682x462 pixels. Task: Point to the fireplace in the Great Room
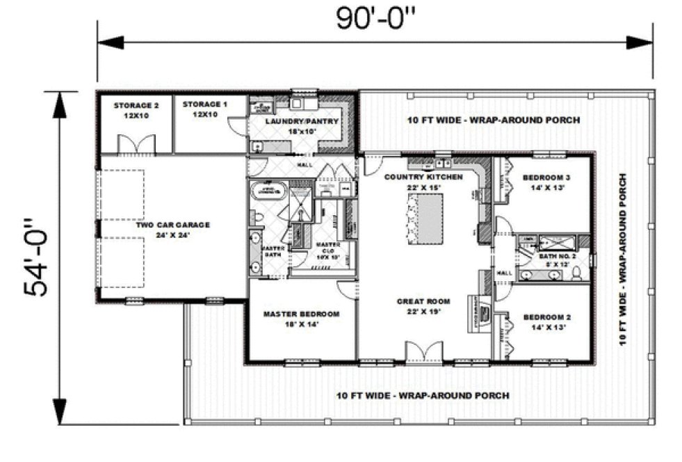[481, 310]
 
